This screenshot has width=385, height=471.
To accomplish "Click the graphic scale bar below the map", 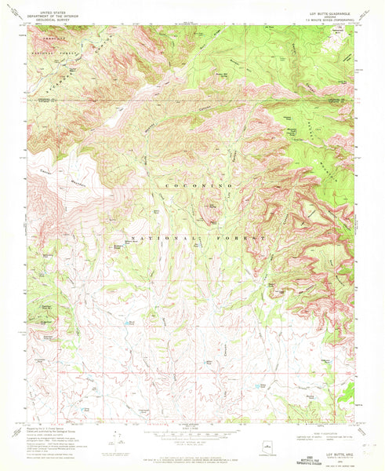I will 192,436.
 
